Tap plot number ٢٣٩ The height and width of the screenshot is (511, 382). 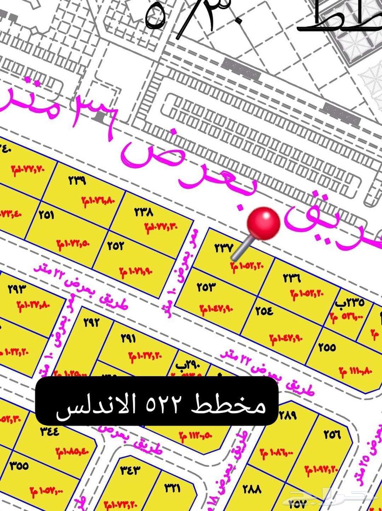point(77,180)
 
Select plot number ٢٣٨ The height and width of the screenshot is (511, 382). point(143,212)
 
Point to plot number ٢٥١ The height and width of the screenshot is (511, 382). point(46,215)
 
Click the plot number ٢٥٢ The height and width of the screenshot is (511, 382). point(115,246)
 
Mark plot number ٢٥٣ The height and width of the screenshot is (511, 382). point(207,287)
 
